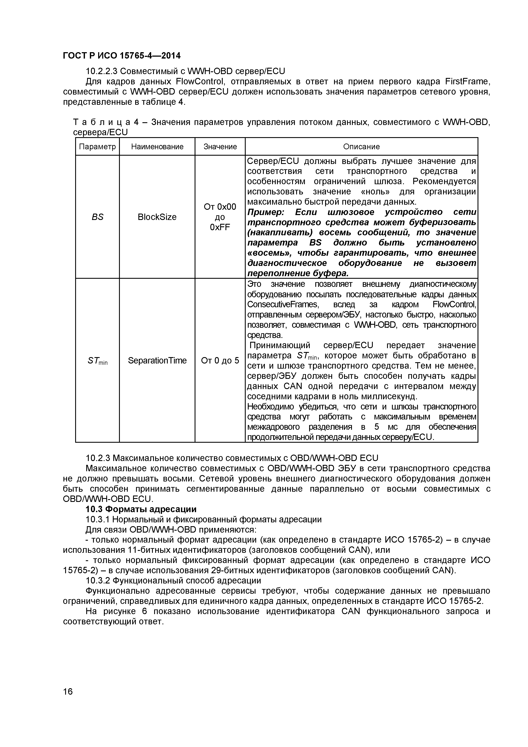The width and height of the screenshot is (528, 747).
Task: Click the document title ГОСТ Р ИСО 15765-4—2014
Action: pyautogui.click(x=121, y=56)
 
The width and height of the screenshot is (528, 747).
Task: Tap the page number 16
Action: pyautogui.click(x=68, y=701)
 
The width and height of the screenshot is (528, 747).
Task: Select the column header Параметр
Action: pyautogui.click(x=97, y=147)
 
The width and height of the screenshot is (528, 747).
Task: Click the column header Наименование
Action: pyautogui.click(x=157, y=147)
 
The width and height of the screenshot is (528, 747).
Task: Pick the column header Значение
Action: pyautogui.click(x=220, y=147)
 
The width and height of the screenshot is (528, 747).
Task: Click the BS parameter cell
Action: pyautogui.click(x=97, y=217)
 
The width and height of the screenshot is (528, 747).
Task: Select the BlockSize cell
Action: pyautogui.click(x=157, y=217)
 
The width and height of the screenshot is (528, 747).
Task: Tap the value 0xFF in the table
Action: pyautogui.click(x=220, y=227)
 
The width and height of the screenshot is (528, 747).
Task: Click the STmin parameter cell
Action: pyautogui.click(x=97, y=361)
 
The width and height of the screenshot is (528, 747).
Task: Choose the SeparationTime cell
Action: pyautogui.click(x=157, y=361)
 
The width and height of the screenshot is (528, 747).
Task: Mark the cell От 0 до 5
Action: pyautogui.click(x=220, y=361)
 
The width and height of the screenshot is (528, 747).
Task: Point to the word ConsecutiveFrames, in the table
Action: pyautogui.click(x=282, y=305)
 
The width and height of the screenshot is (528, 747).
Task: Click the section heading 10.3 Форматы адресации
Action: pyautogui.click(x=141, y=509)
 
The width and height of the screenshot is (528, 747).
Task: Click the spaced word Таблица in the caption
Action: pyautogui.click(x=101, y=122)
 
